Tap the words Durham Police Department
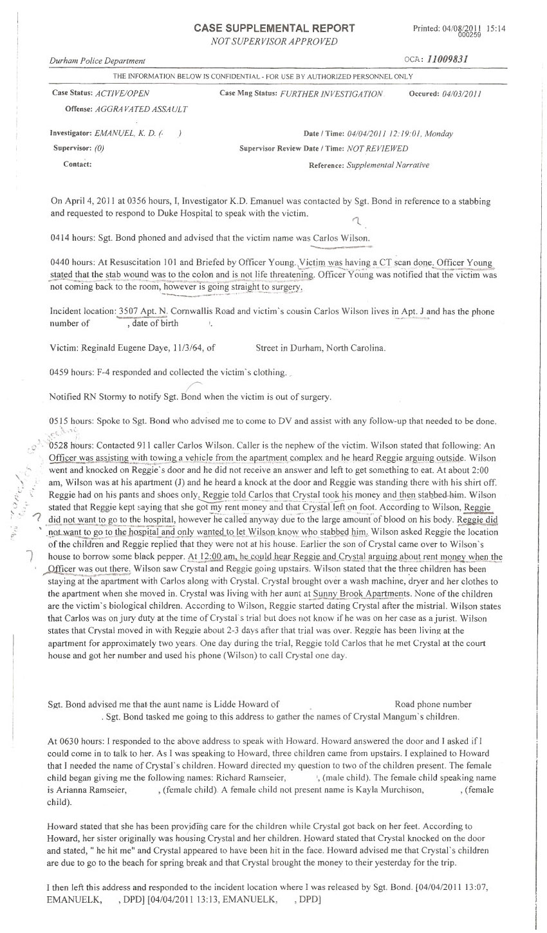click(x=97, y=60)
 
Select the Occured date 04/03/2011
click(x=460, y=94)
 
